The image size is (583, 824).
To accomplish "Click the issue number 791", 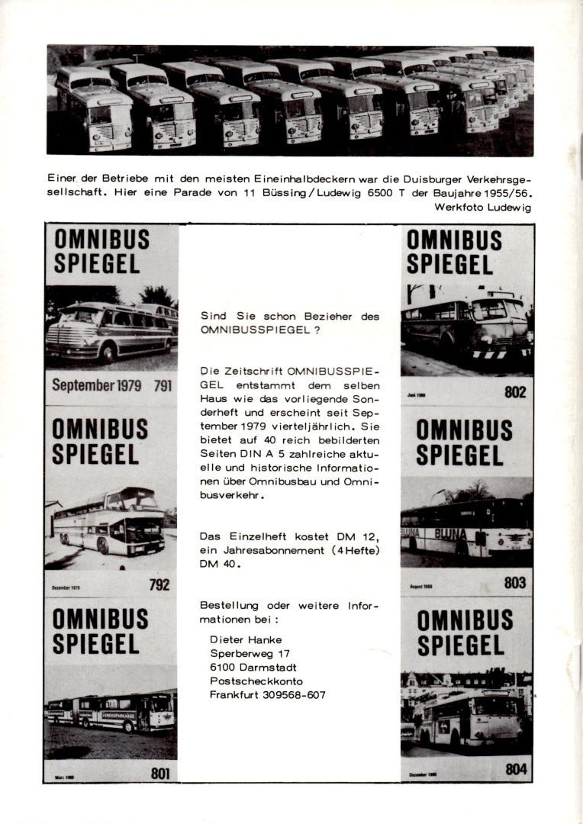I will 162,385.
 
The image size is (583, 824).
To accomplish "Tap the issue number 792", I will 160,586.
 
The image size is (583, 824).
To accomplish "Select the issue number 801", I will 159,774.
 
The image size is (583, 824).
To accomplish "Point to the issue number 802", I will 516,392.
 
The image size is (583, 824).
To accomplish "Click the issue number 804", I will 516,769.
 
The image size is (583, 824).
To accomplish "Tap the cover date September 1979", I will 97,385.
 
